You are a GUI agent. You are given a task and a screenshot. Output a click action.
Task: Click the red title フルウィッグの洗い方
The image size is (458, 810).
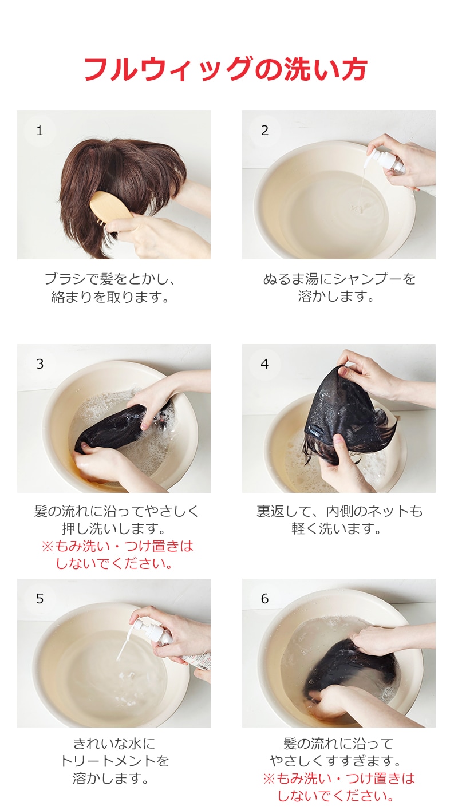click(x=226, y=69)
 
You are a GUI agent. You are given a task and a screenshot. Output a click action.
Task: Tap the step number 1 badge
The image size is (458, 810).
click(x=40, y=131)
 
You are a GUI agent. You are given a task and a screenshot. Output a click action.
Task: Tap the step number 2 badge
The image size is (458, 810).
click(x=264, y=131)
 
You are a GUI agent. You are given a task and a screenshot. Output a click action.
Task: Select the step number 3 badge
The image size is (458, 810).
click(x=40, y=365)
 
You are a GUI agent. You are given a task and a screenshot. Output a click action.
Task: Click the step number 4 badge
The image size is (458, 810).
click(x=264, y=365)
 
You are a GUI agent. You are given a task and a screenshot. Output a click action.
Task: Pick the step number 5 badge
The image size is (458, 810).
click(x=40, y=599)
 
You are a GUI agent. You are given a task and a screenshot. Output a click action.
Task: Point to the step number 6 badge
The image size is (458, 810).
click(x=264, y=599)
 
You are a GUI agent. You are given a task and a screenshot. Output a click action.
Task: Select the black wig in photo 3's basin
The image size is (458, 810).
click(x=117, y=426)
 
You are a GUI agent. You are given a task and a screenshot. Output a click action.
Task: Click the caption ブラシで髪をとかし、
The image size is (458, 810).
click(x=110, y=279)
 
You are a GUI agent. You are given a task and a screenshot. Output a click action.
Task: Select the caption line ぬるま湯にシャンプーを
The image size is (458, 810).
click(x=339, y=279)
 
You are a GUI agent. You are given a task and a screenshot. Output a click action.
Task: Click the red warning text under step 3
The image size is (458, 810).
click(x=117, y=555)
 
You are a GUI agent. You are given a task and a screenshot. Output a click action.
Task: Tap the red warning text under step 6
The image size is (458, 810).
click(x=339, y=787)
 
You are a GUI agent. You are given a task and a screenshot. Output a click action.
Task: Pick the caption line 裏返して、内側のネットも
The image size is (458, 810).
click(x=339, y=511)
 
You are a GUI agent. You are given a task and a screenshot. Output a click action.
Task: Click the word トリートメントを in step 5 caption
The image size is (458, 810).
click(x=114, y=761)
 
